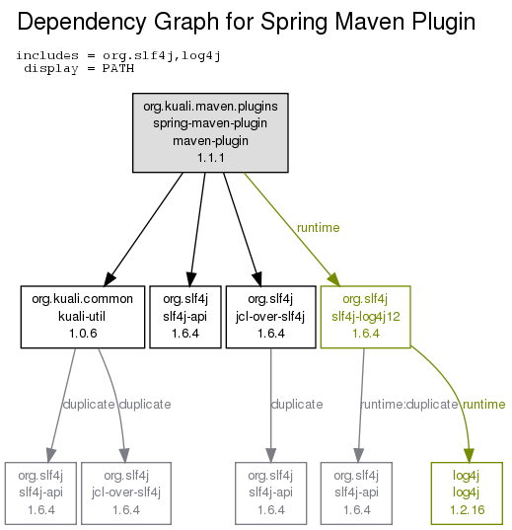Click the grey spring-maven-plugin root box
click(210, 132)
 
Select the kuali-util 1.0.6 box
click(83, 317)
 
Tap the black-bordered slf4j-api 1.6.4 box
click(185, 317)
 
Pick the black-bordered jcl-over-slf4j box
click(270, 317)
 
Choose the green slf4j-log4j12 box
click(365, 317)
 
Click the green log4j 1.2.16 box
click(467, 493)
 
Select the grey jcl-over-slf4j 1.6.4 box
click(126, 493)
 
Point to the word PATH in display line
click(118, 68)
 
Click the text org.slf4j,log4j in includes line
click(162, 56)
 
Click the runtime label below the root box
click(318, 227)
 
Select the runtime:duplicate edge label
click(409, 404)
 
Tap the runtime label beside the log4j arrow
click(483, 404)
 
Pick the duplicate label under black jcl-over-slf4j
click(297, 404)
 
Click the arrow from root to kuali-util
click(144, 230)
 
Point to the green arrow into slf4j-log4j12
click(292, 230)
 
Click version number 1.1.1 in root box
click(210, 158)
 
